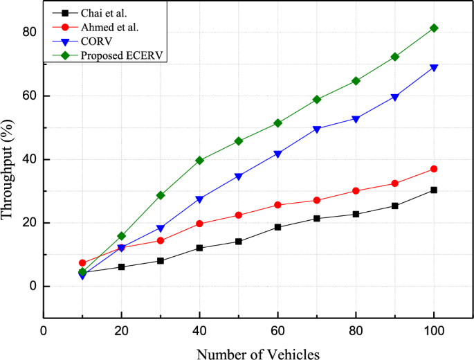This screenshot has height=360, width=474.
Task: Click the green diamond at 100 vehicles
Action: [x=434, y=28]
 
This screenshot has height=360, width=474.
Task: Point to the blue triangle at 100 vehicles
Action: [x=434, y=68]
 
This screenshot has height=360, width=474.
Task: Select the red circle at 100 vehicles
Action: [x=434, y=169]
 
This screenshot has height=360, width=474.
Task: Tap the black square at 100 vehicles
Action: [x=434, y=190]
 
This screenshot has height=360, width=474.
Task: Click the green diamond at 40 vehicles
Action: [x=199, y=160]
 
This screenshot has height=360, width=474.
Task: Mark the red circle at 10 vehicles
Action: [x=82, y=263]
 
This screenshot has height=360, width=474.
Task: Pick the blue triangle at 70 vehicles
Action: [x=316, y=129]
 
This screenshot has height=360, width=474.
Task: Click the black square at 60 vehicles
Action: [x=277, y=227]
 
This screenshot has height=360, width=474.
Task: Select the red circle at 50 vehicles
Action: [x=239, y=215]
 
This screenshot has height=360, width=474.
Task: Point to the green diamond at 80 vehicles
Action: [x=356, y=81]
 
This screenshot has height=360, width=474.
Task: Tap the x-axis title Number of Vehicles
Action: [x=258, y=354]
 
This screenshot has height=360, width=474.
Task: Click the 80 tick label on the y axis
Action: [x=28, y=32]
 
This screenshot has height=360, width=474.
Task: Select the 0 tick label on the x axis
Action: [x=44, y=331]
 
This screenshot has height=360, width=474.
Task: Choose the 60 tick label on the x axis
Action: [x=277, y=331]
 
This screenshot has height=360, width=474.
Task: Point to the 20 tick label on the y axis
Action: [x=28, y=223]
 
